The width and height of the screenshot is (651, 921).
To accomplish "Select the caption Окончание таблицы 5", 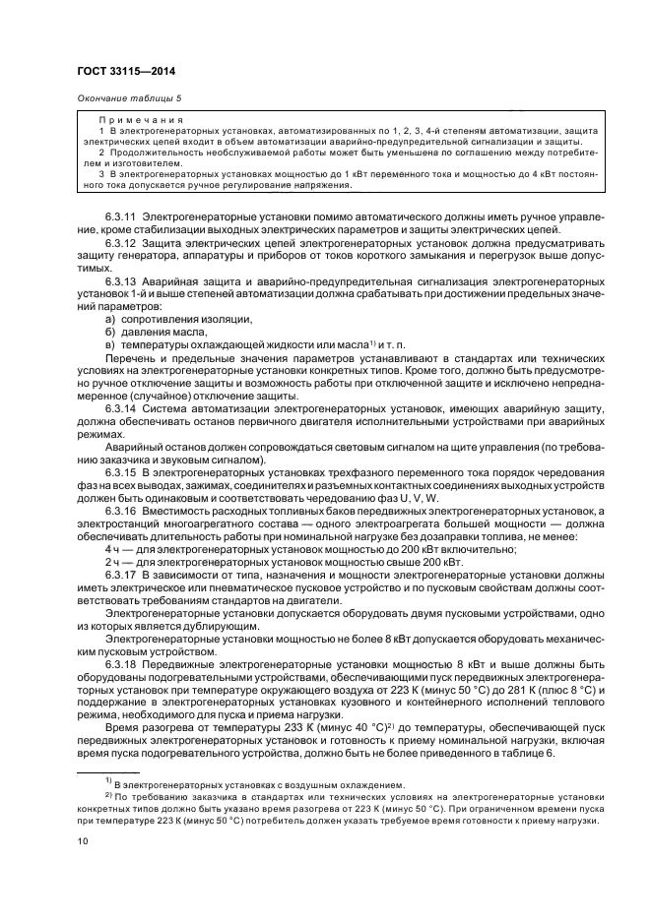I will point(129,97).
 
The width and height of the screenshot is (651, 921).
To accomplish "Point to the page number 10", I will point(84,842).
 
